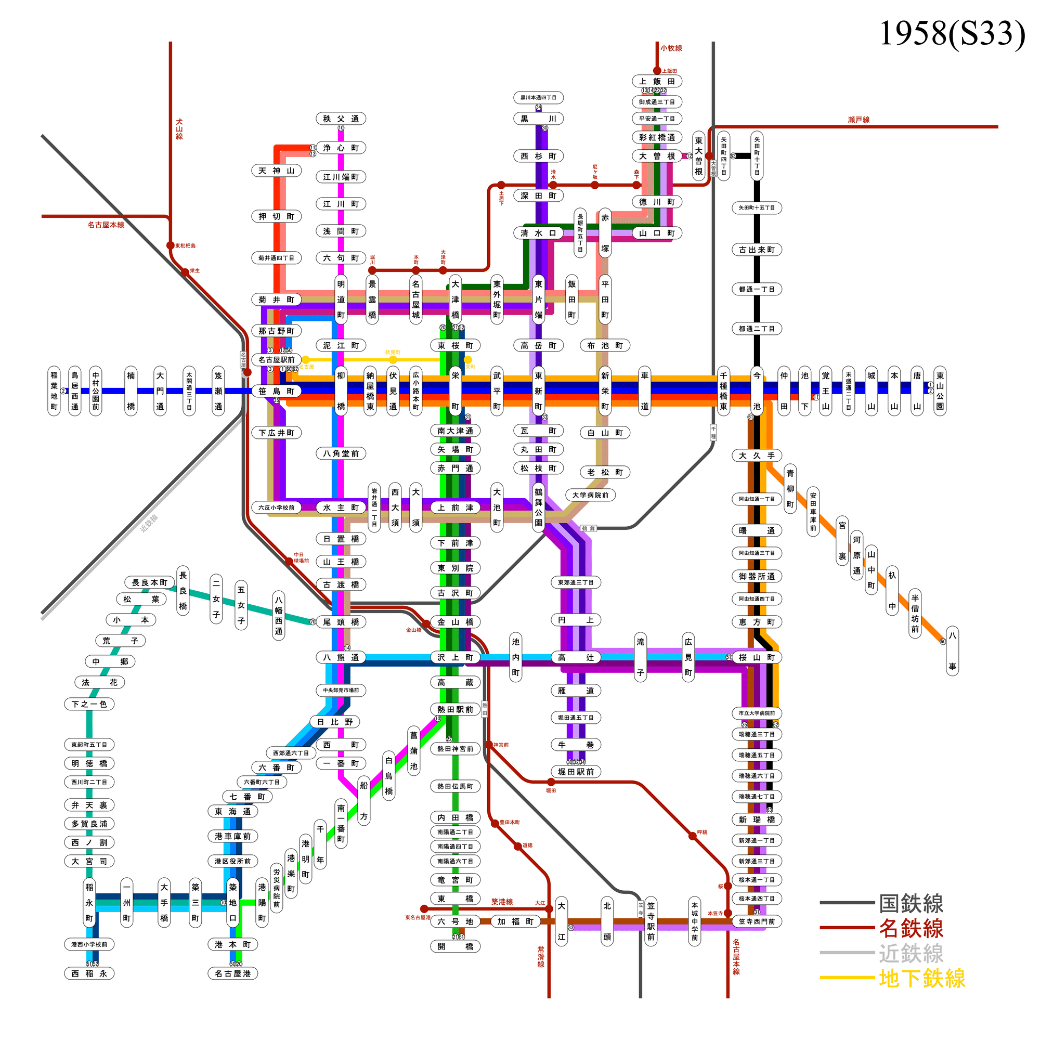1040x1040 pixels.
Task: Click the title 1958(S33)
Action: (951, 33)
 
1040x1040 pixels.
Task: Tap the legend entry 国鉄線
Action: (911, 904)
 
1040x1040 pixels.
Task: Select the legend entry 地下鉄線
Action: (921, 978)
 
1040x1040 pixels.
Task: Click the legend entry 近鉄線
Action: (911, 953)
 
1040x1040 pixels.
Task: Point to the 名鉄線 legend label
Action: (911, 929)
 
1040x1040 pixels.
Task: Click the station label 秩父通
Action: (341, 119)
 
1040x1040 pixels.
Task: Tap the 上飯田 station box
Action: (657, 81)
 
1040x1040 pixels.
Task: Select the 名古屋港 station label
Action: (232, 973)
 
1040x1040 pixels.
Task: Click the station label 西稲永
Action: (89, 973)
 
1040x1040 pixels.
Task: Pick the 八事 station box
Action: (952, 651)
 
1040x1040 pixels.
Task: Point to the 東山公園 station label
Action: (939, 391)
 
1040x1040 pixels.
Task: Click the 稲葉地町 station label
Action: (55, 391)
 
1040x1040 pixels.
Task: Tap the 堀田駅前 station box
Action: (576, 771)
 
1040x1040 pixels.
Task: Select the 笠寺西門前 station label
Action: (756, 921)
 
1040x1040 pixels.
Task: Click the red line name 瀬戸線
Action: (858, 120)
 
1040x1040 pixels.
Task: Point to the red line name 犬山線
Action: (179, 129)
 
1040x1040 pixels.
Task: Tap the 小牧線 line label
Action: (671, 48)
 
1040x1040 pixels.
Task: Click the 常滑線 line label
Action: (540, 957)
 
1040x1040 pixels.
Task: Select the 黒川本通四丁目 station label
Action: (538, 97)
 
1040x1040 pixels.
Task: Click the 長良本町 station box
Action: (150, 582)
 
